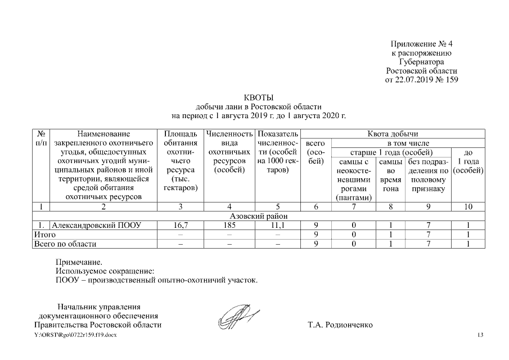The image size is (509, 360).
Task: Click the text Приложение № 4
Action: coord(421,44)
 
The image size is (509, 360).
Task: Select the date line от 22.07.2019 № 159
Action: coord(421,80)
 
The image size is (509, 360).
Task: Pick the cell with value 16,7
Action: coord(181,225)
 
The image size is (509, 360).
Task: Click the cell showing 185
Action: coord(229,225)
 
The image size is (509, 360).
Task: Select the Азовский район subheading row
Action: coord(258,216)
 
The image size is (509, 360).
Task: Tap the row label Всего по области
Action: coord(65,244)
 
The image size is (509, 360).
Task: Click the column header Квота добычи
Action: coord(393,134)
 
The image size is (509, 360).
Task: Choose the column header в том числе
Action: coord(407,143)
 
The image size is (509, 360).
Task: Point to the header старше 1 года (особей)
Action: coord(391,152)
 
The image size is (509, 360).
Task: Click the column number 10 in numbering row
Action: coord(469,207)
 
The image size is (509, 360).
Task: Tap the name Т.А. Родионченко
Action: coord(340,325)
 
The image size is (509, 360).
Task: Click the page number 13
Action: coord(480,335)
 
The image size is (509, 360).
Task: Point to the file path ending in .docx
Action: coord(75,335)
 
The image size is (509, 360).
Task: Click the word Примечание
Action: coord(79,262)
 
